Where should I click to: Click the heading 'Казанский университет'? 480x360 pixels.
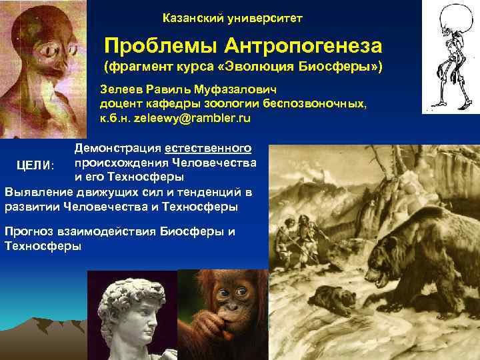[232, 18]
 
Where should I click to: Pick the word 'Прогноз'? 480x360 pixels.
[29, 232]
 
